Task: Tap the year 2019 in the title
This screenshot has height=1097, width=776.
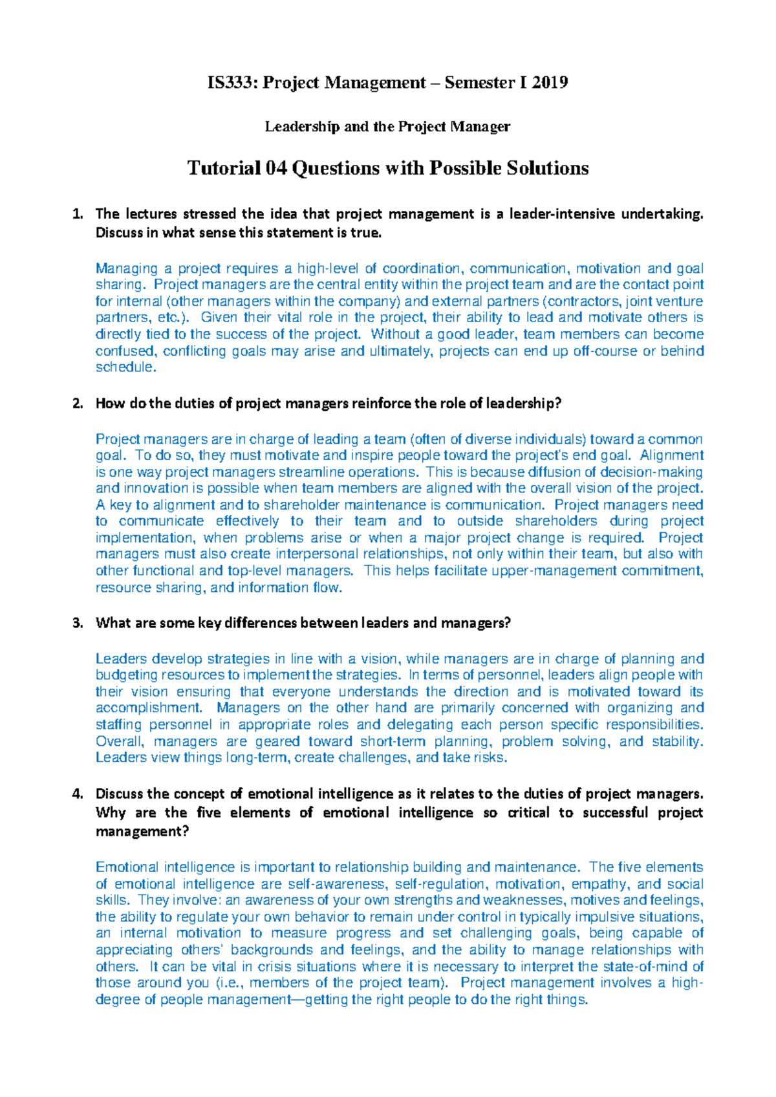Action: (x=550, y=83)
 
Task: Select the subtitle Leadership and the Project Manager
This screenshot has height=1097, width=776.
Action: (x=387, y=127)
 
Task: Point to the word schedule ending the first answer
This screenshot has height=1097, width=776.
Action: (x=125, y=367)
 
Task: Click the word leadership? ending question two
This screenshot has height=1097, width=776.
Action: (x=523, y=404)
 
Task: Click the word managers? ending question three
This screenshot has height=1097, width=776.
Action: (x=475, y=624)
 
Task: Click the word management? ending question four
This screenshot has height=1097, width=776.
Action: (x=142, y=832)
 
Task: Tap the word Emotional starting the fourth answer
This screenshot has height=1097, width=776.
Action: (x=127, y=868)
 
